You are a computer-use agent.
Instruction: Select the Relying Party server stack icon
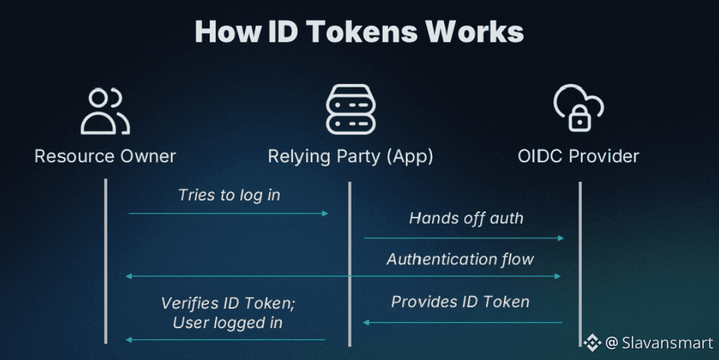click(350, 110)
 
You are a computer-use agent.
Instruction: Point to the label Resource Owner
click(105, 156)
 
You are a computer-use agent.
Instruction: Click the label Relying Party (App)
click(350, 156)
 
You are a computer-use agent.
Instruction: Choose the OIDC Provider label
click(578, 156)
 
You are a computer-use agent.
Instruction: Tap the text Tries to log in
click(229, 195)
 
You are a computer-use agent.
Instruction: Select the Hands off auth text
click(466, 218)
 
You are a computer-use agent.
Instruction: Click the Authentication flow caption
click(460, 259)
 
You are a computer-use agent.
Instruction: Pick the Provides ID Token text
click(460, 301)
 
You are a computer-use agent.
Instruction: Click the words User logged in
click(228, 323)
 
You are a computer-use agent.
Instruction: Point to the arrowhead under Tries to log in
click(326, 214)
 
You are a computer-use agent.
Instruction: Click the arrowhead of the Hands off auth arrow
click(561, 238)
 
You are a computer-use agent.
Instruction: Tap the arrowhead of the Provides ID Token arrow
click(365, 323)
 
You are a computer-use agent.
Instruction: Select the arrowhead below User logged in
click(129, 340)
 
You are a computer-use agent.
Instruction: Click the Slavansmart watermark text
click(667, 343)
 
